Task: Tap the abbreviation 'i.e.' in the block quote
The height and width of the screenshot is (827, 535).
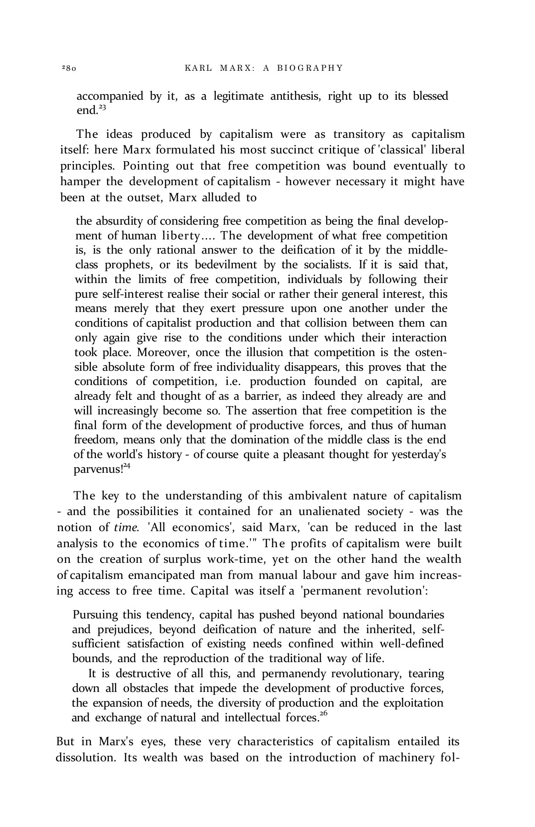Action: [227, 382]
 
